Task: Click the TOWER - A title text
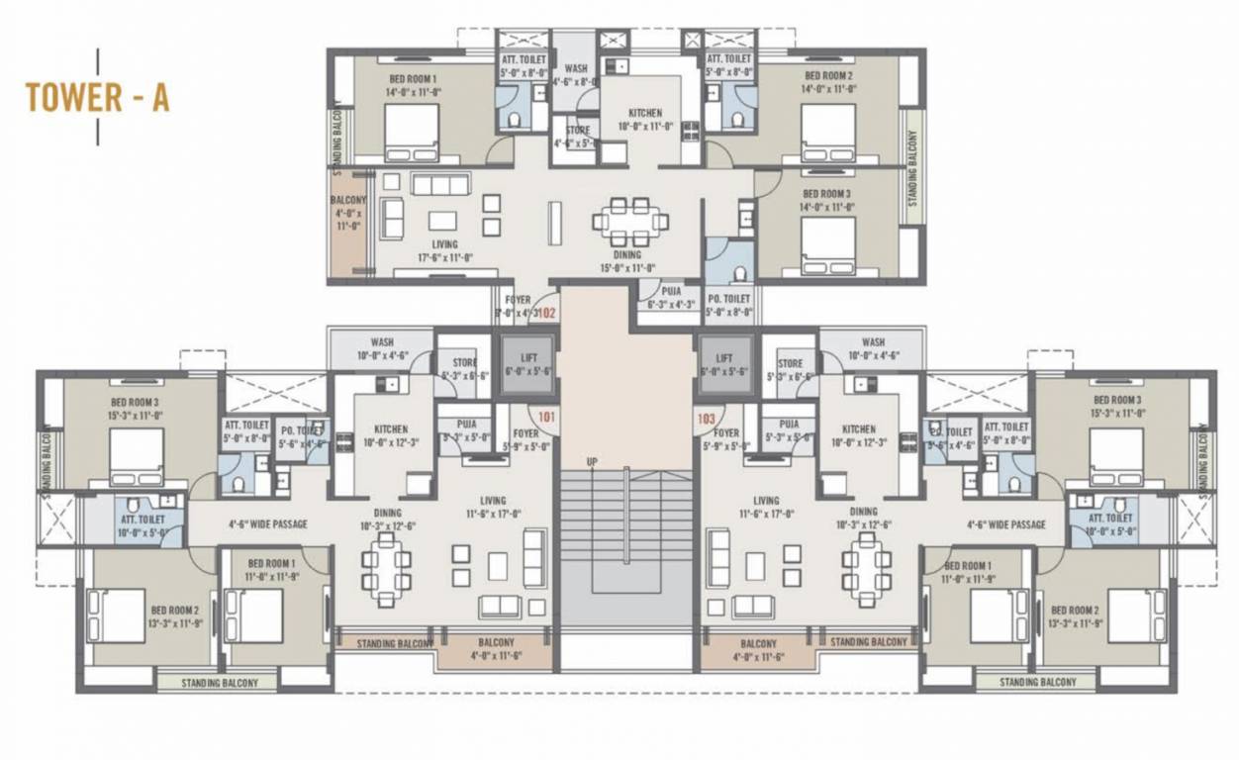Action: point(97,97)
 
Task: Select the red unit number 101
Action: point(546,417)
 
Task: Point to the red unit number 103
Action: point(706,419)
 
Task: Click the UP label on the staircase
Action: point(592,462)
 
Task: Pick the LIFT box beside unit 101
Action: point(525,364)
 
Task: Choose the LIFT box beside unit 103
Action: point(725,364)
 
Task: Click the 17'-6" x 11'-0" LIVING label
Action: point(444,250)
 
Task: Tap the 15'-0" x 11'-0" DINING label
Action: point(626,260)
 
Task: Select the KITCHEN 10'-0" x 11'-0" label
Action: point(645,120)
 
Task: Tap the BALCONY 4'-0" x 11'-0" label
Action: point(347,213)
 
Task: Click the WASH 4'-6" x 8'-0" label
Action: point(576,75)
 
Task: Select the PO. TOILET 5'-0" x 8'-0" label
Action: point(728,305)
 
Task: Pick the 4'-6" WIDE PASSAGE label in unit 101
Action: point(267,524)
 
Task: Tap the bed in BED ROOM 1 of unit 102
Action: point(412,132)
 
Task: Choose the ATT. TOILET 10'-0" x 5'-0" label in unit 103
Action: point(1110,523)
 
